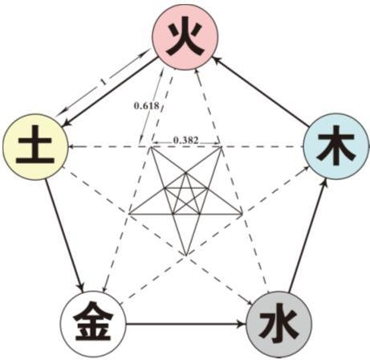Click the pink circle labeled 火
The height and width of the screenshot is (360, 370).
(x=185, y=37)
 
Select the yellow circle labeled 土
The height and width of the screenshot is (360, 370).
(x=35, y=147)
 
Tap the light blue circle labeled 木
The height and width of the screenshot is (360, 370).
(x=336, y=146)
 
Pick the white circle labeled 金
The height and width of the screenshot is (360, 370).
(x=92, y=325)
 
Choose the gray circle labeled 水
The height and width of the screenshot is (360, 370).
(x=279, y=325)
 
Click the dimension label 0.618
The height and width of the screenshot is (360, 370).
(x=147, y=106)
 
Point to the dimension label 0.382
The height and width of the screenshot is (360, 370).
(x=186, y=140)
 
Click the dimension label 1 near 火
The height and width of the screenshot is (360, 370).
(x=104, y=82)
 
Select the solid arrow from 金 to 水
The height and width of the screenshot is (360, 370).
(x=186, y=325)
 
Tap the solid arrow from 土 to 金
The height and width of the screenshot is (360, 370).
(x=64, y=236)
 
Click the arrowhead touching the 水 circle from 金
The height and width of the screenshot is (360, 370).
(x=242, y=325)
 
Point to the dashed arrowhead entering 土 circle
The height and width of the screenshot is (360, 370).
(x=71, y=147)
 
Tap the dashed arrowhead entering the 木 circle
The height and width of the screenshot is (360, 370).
(x=306, y=168)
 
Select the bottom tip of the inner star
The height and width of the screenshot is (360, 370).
(x=185, y=256)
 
